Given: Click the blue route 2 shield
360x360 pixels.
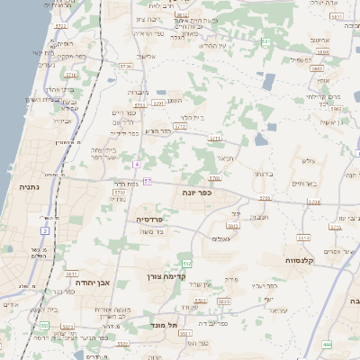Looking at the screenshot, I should click(44, 231).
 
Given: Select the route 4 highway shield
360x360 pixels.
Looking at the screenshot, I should click(137, 165).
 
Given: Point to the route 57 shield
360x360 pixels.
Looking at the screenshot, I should click(147, 181).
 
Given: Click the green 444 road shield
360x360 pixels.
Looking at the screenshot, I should click(326, 344).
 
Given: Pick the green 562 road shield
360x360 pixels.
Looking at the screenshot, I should click(187, 262).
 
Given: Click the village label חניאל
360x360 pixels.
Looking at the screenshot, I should click(224, 157).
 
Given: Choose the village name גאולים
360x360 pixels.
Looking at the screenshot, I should click(222, 238).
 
